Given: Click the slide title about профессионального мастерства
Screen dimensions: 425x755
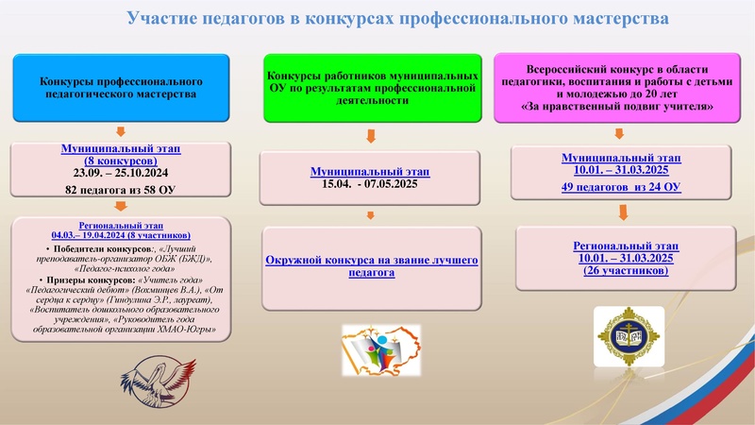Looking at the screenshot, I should tap(397, 19).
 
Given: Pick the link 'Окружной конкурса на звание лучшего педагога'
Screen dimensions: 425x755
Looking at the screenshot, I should tap(371, 265).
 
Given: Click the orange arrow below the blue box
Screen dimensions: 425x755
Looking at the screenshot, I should tap(119, 130).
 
